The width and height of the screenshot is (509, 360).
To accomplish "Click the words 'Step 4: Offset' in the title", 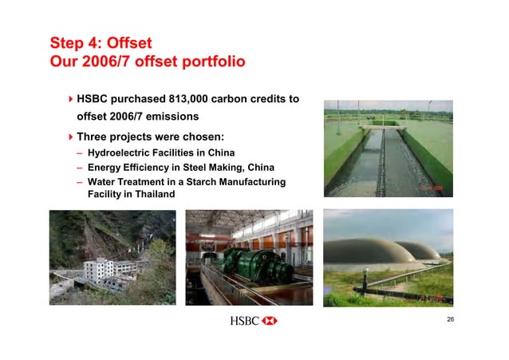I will tap(100, 42).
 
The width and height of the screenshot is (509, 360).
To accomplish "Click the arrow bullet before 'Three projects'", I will tap(70, 136).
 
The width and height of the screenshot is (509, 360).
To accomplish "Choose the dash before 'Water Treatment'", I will tap(80, 183).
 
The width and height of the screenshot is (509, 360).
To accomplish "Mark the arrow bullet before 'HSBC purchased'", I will tap(70, 100).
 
